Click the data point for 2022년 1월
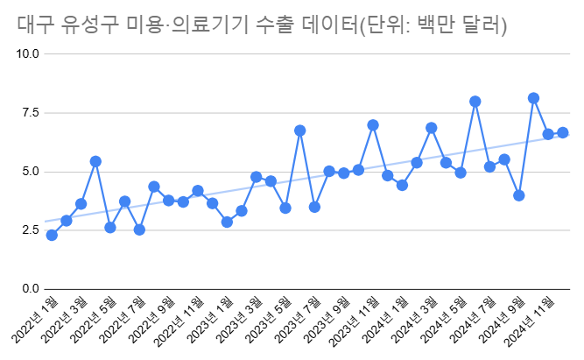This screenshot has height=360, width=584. [52, 235]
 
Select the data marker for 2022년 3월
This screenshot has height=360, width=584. [81, 204]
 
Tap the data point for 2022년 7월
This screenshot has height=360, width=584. [139, 229]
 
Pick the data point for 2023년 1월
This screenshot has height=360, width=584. [227, 222]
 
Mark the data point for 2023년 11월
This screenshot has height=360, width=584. [373, 125]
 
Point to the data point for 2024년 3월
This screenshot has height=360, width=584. [431, 128]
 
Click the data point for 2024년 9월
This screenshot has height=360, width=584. [519, 195]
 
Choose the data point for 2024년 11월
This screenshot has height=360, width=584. [548, 134]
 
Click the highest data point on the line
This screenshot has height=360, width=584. [533, 98]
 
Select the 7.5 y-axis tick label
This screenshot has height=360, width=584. [31, 112]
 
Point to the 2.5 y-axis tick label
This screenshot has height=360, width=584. [31, 230]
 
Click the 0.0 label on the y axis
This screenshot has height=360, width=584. [31, 289]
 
